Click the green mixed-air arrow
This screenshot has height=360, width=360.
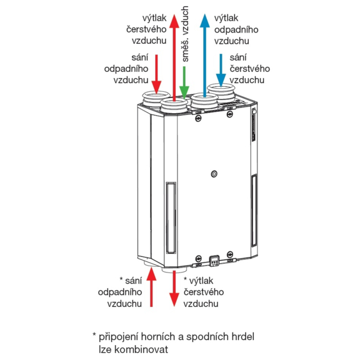[x=184, y=82]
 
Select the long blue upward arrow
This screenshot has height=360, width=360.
[x=204, y=56]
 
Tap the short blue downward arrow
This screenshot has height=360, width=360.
[x=221, y=70]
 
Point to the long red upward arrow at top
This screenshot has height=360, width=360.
[x=174, y=58]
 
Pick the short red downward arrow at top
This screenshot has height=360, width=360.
[x=157, y=74]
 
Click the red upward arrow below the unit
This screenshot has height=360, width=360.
[x=151, y=287]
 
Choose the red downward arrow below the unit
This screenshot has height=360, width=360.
[x=174, y=289]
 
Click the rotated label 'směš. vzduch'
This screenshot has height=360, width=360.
[x=185, y=34]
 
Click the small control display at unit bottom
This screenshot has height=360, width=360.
[x=214, y=261]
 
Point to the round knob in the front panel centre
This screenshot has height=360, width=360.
[x=214, y=174]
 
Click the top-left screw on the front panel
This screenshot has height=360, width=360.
[x=198, y=119]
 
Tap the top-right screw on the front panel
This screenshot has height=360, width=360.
[x=229, y=114]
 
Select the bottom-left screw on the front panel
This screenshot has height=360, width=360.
[x=198, y=258]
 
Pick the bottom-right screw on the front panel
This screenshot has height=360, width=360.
[x=230, y=254]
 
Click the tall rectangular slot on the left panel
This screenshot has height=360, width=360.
[x=171, y=217]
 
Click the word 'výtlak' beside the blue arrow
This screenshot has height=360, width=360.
[x=226, y=18]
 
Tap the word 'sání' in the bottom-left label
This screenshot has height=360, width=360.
[x=134, y=281]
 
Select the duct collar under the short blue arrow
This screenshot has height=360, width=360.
[x=221, y=92]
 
